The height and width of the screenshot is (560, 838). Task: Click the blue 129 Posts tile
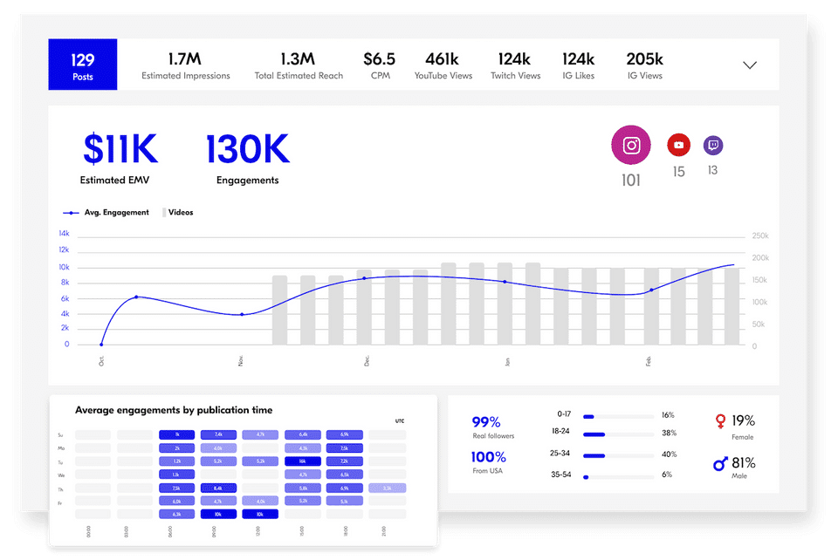point(82,65)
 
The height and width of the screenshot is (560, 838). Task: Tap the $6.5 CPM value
point(380,60)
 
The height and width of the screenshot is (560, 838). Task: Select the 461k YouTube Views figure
point(443,60)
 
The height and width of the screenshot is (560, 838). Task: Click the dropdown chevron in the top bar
point(749,65)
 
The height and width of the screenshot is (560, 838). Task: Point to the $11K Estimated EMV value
point(120,149)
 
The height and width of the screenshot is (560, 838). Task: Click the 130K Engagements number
point(248,149)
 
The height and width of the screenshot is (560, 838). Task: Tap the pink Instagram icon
point(631,146)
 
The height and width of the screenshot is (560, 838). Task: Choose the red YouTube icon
point(678,145)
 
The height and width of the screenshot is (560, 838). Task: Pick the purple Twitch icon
point(713,145)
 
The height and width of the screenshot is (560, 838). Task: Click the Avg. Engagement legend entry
point(107,213)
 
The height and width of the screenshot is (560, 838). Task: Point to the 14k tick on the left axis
point(64,234)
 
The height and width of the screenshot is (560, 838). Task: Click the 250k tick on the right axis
point(760,236)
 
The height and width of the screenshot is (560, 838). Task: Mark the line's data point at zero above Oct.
point(101,345)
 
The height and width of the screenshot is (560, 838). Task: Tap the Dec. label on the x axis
point(366,361)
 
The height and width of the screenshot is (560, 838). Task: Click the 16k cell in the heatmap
point(302,461)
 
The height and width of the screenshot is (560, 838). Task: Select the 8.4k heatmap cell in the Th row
point(218,488)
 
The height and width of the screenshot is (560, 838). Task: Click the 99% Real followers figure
point(486,422)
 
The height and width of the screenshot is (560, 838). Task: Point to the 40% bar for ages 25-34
point(606,454)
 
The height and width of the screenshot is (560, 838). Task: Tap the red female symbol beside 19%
point(720,421)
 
